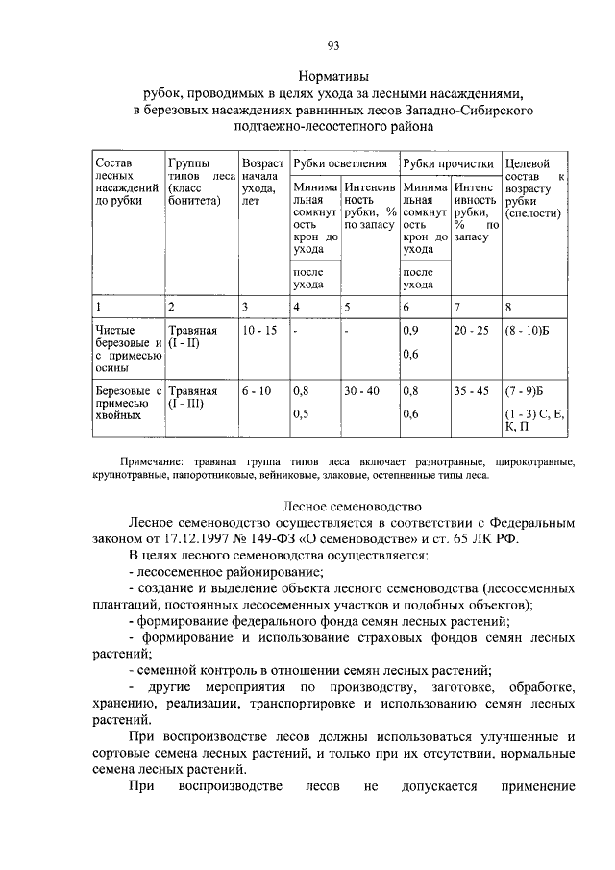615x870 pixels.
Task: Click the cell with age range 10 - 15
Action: click(x=259, y=330)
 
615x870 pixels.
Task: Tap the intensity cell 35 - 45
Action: click(x=472, y=391)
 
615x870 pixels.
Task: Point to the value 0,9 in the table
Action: click(x=411, y=330)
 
